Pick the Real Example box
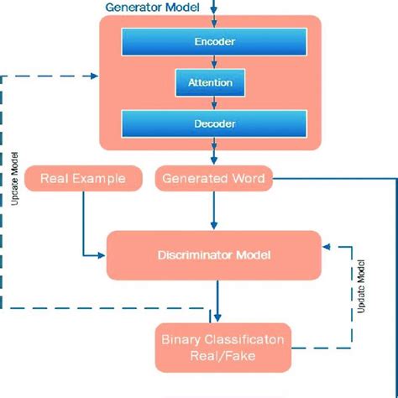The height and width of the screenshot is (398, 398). (82, 178)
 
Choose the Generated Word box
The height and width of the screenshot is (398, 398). (213, 178)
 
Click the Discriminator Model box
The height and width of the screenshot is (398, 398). (213, 254)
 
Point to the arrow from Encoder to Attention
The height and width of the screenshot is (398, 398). (215, 62)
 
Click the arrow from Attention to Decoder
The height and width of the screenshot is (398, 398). (215, 103)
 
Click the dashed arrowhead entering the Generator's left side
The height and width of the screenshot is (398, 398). (94, 76)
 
